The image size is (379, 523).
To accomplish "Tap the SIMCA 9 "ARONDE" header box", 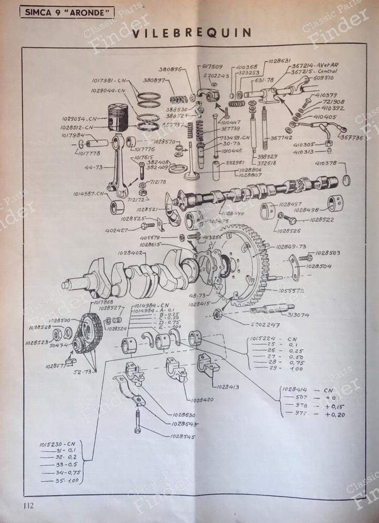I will coord(65,13).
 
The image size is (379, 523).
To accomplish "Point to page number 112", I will coord(29,505).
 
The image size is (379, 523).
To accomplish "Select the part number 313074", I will coord(298,315).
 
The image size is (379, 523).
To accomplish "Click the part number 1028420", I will coord(202,400).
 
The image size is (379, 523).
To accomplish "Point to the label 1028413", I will coord(228,386).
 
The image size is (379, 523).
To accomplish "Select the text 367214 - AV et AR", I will coord(315,65).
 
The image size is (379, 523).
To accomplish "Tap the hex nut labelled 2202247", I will coord(217,314).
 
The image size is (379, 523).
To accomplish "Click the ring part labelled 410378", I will coord(347,180).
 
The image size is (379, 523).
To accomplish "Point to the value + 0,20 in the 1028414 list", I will coord(335,415).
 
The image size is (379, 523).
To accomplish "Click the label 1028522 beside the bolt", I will coord(321,220).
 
